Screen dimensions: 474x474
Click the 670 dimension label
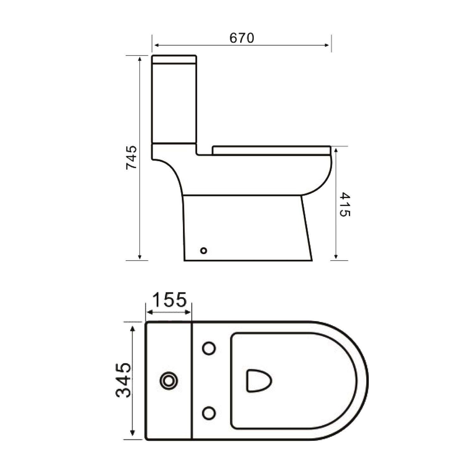242,38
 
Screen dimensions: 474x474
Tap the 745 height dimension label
131,158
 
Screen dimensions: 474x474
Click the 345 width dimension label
123,380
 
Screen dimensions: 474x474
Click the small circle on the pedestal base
204,251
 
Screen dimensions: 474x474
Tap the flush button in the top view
169,381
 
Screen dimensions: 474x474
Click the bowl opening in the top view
259,381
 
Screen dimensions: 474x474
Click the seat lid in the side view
272,150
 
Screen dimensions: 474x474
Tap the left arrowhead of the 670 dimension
155,46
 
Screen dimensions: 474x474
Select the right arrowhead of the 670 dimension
328,46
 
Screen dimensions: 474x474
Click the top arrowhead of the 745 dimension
139,58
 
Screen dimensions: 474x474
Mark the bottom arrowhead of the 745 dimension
139,257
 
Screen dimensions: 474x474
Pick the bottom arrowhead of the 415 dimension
337,257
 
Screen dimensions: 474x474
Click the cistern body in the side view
174,104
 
